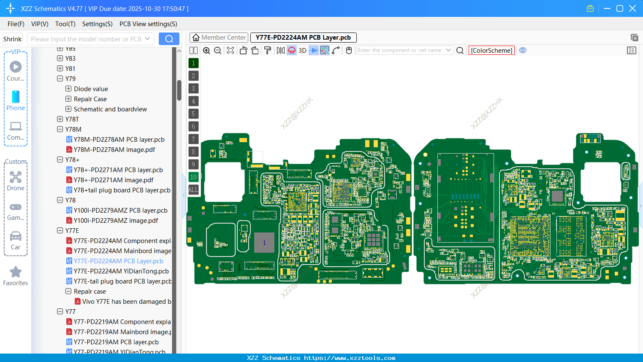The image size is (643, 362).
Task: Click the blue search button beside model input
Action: (169, 39)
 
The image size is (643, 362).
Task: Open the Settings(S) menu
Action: (97, 24)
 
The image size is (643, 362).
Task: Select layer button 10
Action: (193, 177)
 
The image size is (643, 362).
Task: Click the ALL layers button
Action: (193, 190)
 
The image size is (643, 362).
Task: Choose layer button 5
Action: (193, 114)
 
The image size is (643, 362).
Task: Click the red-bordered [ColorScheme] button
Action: (491, 51)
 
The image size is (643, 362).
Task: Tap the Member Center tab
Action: (219, 38)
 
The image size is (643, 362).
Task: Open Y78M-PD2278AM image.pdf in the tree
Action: (114, 150)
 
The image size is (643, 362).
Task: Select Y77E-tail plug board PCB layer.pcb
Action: (122, 281)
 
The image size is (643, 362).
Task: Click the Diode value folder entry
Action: (91, 89)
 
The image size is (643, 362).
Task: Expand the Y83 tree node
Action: (60, 59)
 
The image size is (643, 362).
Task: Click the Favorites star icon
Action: (16, 272)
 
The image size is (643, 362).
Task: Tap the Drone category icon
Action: (16, 177)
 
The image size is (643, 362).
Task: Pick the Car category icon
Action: (16, 236)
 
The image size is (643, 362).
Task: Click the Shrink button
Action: (13, 39)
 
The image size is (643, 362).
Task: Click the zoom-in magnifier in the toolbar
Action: (206, 51)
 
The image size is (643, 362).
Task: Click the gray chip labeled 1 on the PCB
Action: (264, 243)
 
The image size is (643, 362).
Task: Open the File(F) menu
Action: (16, 24)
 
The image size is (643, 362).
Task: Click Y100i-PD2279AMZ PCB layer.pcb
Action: (120, 211)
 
